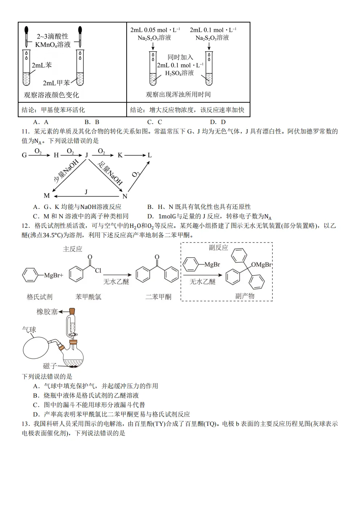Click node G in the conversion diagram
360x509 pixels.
[x=24, y=155]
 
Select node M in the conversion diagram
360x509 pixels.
[x=47, y=196]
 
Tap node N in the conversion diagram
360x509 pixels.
[x=125, y=196]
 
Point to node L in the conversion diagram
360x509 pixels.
[x=150, y=155]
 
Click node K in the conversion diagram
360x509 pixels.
[x=120, y=155]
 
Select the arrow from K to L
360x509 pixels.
[x=135, y=155]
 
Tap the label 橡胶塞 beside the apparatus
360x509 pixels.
[x=47, y=312]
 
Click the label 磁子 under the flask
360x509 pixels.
[x=50, y=366]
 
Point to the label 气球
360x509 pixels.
[x=29, y=329]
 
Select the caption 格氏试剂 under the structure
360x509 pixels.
[x=40, y=297]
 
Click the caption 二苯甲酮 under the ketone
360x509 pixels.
[x=158, y=297]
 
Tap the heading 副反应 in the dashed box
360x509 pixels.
[x=218, y=248]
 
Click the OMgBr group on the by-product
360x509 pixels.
[x=261, y=265]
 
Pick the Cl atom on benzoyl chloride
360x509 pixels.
[x=98, y=270]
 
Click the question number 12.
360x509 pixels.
[x=25, y=226]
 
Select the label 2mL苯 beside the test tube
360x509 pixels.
[x=42, y=65]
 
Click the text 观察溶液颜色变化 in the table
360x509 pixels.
[x=51, y=95]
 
